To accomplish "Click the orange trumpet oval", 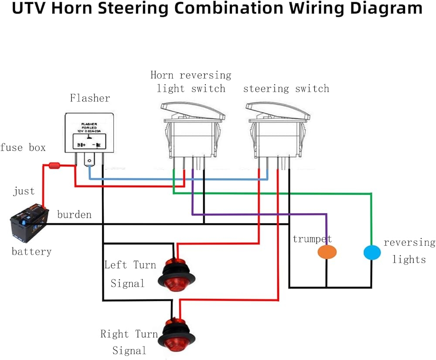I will click(x=327, y=252).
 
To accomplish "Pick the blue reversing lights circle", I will click(x=371, y=252).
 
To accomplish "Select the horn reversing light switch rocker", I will click(x=192, y=129).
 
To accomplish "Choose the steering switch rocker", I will click(x=278, y=129).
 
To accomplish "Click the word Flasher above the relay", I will click(x=90, y=98).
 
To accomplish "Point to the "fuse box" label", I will click(x=23, y=147).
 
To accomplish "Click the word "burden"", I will click(x=75, y=214).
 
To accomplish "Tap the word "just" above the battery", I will click(x=24, y=191).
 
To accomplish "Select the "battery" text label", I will click(x=31, y=251).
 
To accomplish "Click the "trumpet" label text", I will click(x=312, y=239).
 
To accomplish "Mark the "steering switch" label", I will click(x=286, y=89).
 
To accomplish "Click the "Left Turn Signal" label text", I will click(x=130, y=274).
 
